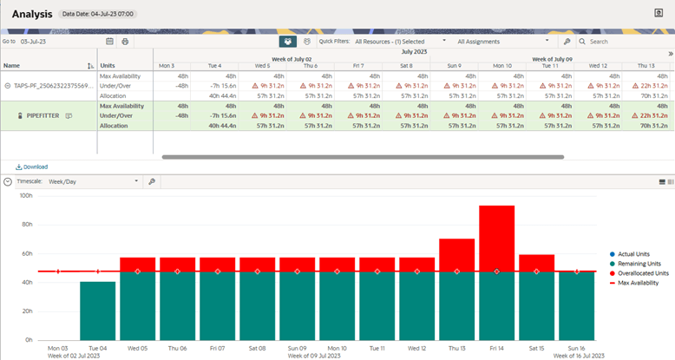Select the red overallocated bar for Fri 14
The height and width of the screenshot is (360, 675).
pyautogui.click(x=496, y=236)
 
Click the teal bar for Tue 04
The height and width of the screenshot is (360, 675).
pyautogui.click(x=97, y=310)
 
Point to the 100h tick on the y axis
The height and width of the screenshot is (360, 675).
pyautogui.click(x=26, y=196)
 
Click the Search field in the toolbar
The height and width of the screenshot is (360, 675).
pyautogui.click(x=625, y=41)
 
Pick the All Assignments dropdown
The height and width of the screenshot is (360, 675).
pyautogui.click(x=503, y=41)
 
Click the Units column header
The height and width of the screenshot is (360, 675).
pyautogui.click(x=108, y=66)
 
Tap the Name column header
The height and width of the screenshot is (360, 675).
pyautogui.click(x=12, y=66)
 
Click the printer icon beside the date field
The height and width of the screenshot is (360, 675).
pyautogui.click(x=125, y=41)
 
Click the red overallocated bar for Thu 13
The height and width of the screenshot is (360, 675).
pyautogui.click(x=456, y=253)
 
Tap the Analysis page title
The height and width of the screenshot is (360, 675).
pyautogui.click(x=33, y=14)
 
